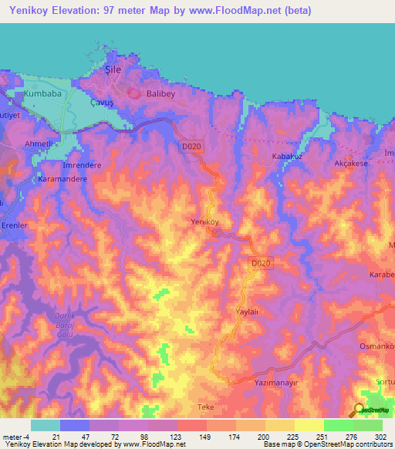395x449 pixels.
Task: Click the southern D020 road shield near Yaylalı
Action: pyautogui.click(x=261, y=264)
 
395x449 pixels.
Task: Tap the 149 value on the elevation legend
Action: pyautogui.click(x=205, y=437)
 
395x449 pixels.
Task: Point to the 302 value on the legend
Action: pyautogui.click(x=380, y=437)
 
